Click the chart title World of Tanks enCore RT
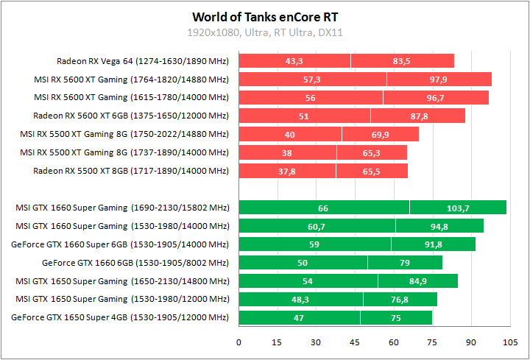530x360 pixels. [265, 16]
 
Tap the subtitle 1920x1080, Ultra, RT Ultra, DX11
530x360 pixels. [265, 32]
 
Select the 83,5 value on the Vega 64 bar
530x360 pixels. [402, 61]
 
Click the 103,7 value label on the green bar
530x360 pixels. [458, 208]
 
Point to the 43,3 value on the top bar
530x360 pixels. [294, 61]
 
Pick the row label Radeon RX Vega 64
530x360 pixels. [143, 61]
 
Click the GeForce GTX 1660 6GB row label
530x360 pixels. [136, 263]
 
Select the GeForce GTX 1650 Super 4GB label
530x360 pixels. [121, 318]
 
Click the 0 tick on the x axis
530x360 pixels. [239, 342]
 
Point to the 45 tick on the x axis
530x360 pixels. [355, 342]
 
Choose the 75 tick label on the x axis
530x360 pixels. [432, 342]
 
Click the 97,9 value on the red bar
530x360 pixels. [439, 80]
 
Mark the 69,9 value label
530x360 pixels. [380, 135]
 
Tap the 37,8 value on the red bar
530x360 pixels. [287, 172]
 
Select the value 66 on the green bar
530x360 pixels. [323, 208]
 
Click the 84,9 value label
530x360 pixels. [417, 281]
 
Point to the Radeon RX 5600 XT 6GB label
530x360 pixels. [131, 116]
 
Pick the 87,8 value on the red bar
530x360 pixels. [417, 116]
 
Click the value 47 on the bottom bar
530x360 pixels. [299, 318]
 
